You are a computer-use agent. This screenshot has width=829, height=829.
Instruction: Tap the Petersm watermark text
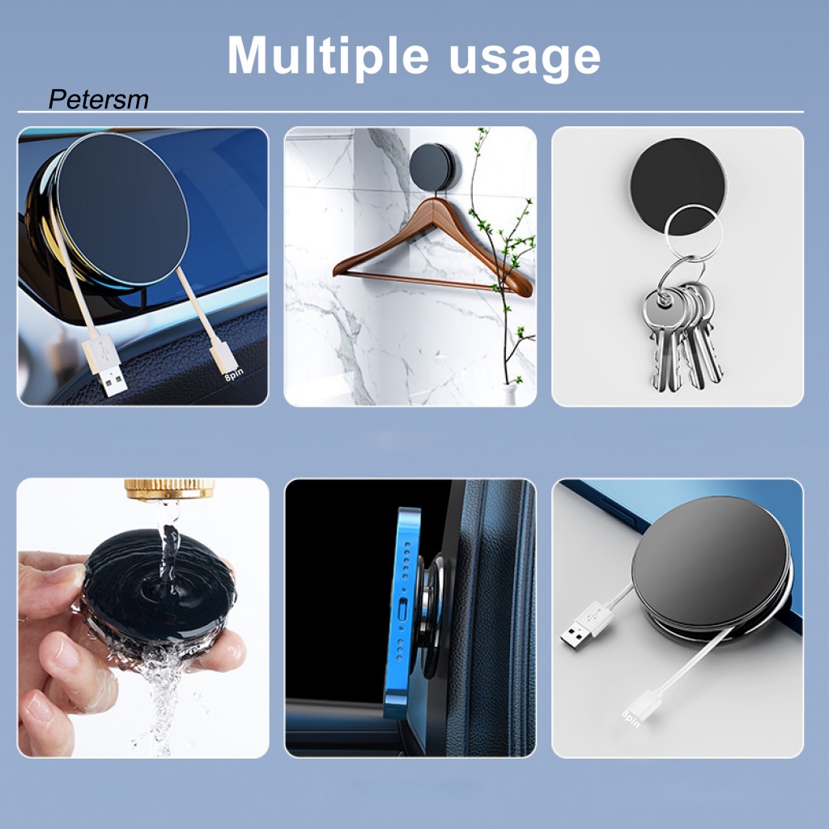pos(98,100)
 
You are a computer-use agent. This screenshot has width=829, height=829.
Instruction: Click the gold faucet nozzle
pos(169,489)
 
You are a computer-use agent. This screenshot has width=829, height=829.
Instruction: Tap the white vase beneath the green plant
pos(511,394)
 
